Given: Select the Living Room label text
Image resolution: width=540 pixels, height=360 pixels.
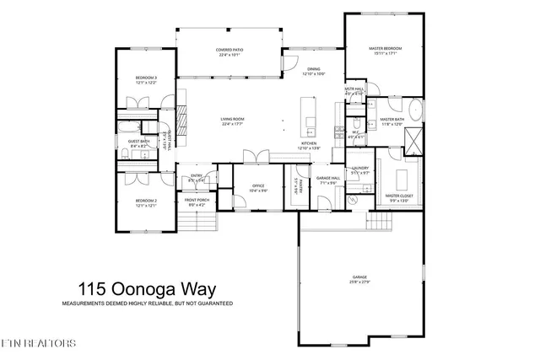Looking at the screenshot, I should [x=232, y=121].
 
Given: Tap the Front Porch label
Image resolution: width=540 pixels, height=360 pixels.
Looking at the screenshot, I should [x=197, y=202].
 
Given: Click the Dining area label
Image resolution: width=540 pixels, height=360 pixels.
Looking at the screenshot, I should [x=313, y=72].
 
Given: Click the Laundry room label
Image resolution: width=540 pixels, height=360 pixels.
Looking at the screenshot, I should [x=359, y=169].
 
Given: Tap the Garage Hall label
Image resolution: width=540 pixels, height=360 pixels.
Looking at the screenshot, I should [x=328, y=180].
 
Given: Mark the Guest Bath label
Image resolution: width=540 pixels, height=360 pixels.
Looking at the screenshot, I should [x=139, y=143].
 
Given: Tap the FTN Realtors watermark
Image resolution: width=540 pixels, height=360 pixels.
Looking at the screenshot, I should [x=39, y=343].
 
